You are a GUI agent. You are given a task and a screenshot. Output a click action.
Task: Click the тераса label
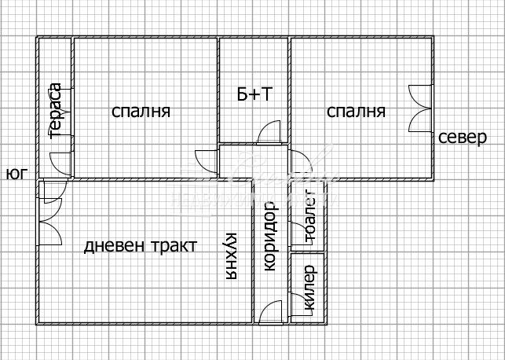56,110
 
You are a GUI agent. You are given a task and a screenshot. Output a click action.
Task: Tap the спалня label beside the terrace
141,112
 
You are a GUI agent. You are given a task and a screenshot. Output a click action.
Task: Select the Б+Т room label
254,94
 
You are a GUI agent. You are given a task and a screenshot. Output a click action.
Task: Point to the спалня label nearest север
357,112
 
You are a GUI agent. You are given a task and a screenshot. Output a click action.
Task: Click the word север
463,138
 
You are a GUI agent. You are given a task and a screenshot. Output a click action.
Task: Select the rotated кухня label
231,256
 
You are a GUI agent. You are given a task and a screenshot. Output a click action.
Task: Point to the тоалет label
309,218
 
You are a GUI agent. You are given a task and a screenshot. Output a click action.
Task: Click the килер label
309,288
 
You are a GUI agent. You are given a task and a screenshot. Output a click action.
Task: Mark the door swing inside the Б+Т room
269,131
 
